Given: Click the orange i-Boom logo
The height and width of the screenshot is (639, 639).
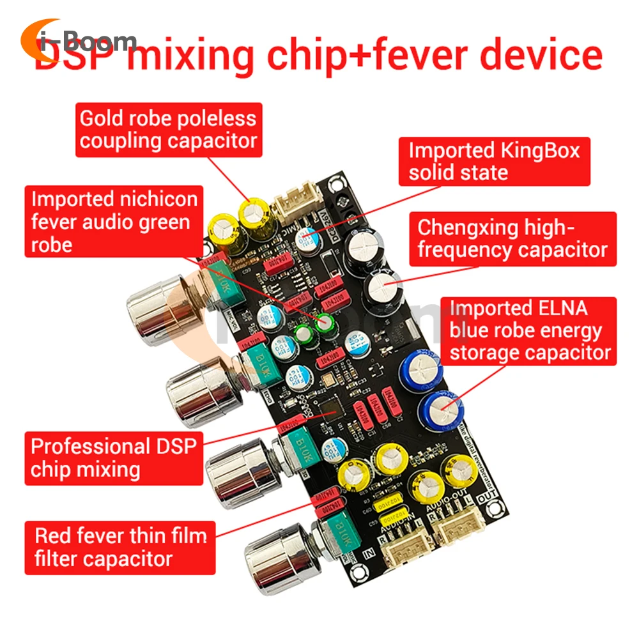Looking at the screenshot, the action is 77,41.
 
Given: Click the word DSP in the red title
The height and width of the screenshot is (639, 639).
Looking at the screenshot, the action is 73,56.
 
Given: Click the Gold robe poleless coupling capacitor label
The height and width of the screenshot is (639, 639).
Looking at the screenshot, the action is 168,129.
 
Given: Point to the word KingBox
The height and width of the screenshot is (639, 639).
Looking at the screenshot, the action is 540,151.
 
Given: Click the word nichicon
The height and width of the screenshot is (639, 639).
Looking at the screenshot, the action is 159,199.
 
